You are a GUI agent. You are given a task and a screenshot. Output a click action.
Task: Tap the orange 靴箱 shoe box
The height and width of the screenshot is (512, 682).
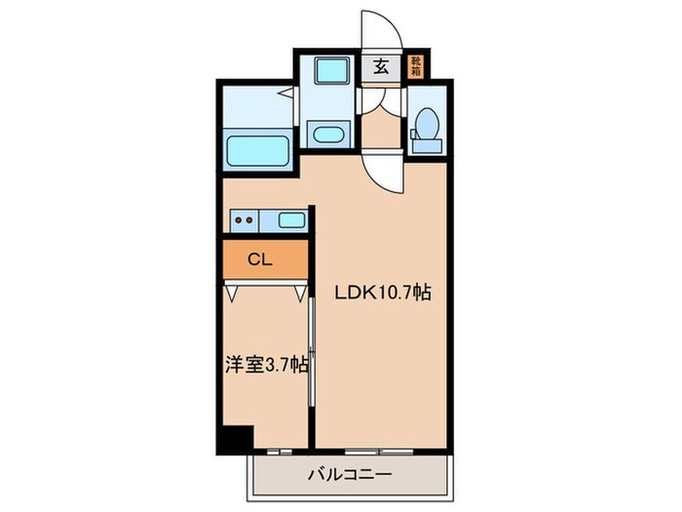(x=415, y=66)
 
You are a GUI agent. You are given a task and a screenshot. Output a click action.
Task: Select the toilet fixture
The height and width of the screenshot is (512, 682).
(x=425, y=131)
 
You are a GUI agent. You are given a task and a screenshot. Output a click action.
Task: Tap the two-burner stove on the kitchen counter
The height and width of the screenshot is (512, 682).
(x=246, y=220)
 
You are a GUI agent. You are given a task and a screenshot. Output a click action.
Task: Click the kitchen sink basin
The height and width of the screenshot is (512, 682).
(x=291, y=219)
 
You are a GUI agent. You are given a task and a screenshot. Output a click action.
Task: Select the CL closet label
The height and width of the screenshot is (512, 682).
(x=259, y=259)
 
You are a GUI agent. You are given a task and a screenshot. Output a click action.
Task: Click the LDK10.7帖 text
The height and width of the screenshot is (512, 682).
(x=384, y=292)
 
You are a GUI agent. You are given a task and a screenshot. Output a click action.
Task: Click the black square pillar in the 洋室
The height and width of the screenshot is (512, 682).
(x=234, y=439)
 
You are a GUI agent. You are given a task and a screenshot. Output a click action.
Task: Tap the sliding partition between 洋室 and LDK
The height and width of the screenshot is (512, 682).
(x=311, y=351)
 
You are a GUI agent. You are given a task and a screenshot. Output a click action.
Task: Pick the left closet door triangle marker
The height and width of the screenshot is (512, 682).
(x=232, y=291)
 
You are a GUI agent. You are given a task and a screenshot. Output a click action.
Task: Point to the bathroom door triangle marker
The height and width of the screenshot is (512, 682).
(x=287, y=95)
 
